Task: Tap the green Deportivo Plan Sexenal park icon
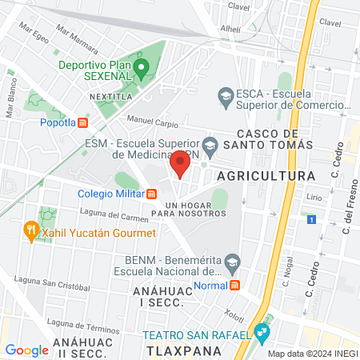click(x=141, y=67)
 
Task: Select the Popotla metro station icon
click(x=82, y=122)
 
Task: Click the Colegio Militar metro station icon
click(x=151, y=193)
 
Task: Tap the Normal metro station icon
click(x=234, y=285)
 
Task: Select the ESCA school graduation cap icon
click(x=226, y=98)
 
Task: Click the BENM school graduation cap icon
click(x=232, y=260)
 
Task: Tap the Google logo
click(x=26, y=350)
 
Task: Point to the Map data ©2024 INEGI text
click(x=312, y=353)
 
